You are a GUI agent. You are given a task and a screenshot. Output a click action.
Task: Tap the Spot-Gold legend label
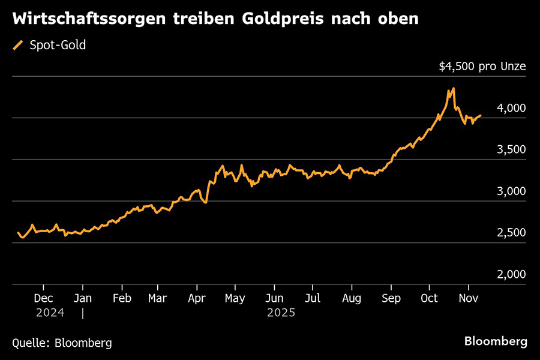(x=58, y=45)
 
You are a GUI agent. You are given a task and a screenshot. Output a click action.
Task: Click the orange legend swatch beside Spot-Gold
(x=19, y=45)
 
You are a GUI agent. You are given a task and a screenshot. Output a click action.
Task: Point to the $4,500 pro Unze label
(x=482, y=67)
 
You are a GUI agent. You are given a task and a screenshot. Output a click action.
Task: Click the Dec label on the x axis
(x=43, y=298)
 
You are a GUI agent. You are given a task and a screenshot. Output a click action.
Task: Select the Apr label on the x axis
(x=197, y=298)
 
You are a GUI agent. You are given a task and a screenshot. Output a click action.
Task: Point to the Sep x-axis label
(x=391, y=298)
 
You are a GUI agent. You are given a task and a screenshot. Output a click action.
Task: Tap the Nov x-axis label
(x=468, y=298)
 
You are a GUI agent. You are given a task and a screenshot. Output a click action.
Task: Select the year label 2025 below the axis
(x=282, y=312)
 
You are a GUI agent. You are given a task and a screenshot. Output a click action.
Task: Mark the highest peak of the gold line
(x=453, y=89)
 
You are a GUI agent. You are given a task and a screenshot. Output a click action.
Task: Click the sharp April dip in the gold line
(x=206, y=202)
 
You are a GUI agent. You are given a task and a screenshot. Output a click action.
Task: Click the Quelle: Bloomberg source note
(x=62, y=343)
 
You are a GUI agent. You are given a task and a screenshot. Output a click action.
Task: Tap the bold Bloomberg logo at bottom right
(x=496, y=341)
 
